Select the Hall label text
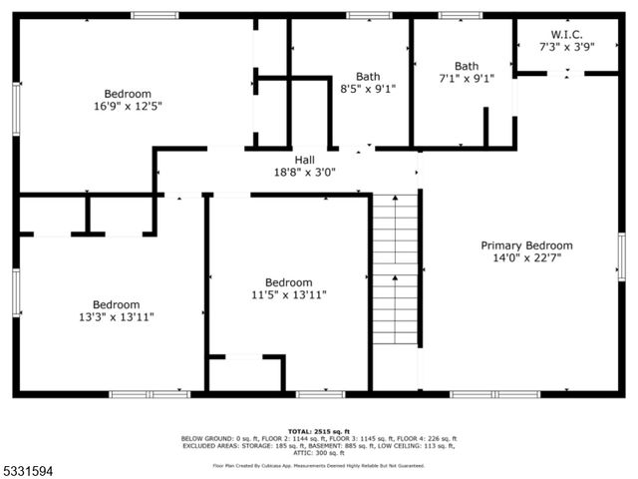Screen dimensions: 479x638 click(304, 160)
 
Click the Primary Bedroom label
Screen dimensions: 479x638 click(526, 245)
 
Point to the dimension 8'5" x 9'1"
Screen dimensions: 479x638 click(368, 89)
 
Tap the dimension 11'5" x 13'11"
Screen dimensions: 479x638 click(288, 294)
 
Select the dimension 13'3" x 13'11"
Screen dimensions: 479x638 click(117, 317)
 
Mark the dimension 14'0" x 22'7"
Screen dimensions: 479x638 click(526, 258)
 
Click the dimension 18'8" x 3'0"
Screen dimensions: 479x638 click(304, 172)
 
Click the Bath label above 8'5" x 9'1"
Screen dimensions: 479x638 click(368, 76)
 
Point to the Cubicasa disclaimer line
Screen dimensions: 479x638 click(318, 465)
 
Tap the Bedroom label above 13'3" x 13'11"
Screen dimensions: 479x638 click(117, 304)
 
